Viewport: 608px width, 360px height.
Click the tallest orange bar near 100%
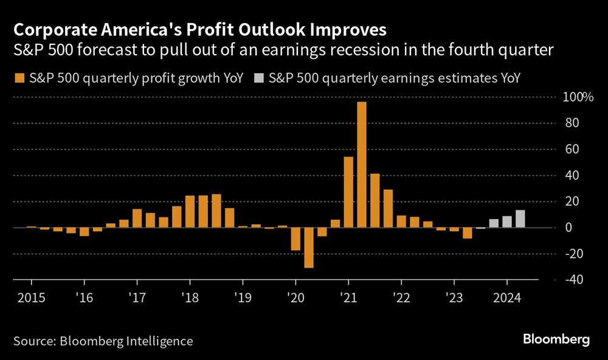pyautogui.click(x=362, y=164)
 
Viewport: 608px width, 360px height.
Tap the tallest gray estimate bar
pyautogui.click(x=520, y=219)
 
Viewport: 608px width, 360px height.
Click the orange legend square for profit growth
pyautogui.click(x=18, y=78)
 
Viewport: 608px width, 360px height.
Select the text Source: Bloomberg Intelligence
pyautogui.click(x=103, y=341)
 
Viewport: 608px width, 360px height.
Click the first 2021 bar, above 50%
pyautogui.click(x=348, y=192)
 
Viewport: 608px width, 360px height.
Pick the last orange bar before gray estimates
pyautogui.click(x=467, y=233)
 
